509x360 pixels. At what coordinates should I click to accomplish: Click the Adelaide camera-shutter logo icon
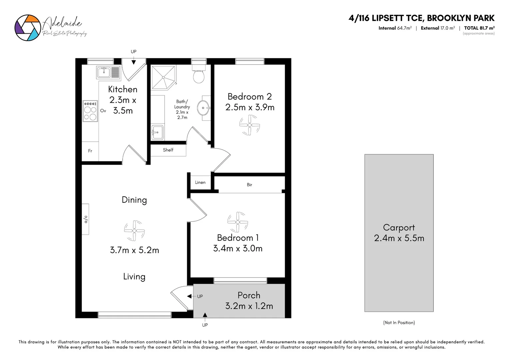coord(27,28)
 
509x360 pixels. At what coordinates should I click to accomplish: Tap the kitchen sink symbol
coord(108,72)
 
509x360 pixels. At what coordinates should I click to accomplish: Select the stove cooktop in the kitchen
coord(90,111)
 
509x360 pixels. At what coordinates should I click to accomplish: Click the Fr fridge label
coord(90,151)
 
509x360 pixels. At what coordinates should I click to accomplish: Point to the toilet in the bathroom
coord(199,75)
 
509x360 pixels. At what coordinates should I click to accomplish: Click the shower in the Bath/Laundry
coord(163,77)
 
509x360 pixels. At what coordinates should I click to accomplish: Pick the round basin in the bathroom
coord(203,108)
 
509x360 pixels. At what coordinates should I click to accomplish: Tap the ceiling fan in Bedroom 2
coord(250,125)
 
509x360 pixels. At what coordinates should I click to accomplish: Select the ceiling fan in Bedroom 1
coord(238,222)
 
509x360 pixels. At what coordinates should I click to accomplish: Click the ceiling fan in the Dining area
coord(134,230)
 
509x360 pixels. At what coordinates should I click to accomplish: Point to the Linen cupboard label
coord(200,182)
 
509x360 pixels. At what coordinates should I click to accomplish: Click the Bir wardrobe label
coord(250,185)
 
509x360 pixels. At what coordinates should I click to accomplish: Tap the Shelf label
coord(168,150)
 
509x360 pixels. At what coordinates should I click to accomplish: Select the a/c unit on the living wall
coord(86,219)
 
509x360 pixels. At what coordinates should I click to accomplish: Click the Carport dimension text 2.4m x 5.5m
coord(399,238)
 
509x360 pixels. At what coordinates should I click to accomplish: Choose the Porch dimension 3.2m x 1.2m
coord(249,306)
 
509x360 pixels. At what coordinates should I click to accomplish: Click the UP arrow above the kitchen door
coord(134,62)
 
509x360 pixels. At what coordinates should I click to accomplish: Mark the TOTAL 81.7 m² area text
coord(479,28)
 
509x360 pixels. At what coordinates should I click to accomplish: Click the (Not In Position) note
coord(399,323)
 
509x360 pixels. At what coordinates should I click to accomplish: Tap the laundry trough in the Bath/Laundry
coord(157,132)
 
